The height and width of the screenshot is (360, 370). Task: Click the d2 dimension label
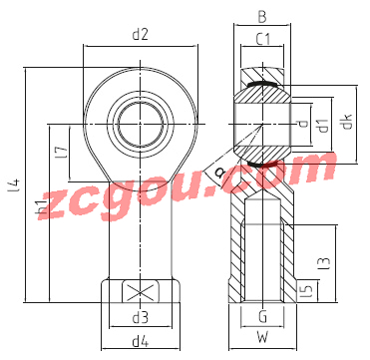[x=140, y=35]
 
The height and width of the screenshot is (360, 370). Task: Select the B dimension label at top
[x=262, y=18]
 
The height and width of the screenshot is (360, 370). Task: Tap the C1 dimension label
[x=262, y=40]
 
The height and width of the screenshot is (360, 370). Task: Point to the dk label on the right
[x=347, y=124]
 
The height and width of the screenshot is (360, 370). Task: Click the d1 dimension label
[x=323, y=125]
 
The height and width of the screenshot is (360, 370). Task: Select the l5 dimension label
[x=308, y=291]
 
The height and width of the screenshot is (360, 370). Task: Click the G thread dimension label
[x=262, y=317]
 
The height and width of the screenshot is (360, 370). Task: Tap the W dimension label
[x=262, y=338]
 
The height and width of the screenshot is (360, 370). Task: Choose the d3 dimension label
[x=140, y=318]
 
